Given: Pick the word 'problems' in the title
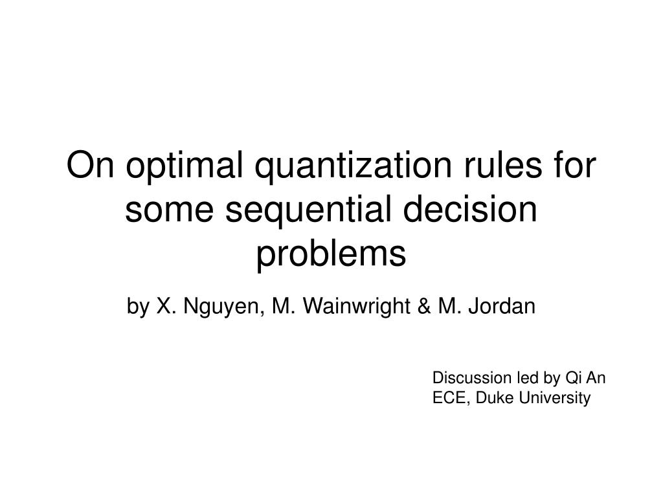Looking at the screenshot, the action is [331, 255].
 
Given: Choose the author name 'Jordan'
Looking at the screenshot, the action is [502, 305].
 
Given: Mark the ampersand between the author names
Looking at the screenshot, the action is [424, 306].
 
